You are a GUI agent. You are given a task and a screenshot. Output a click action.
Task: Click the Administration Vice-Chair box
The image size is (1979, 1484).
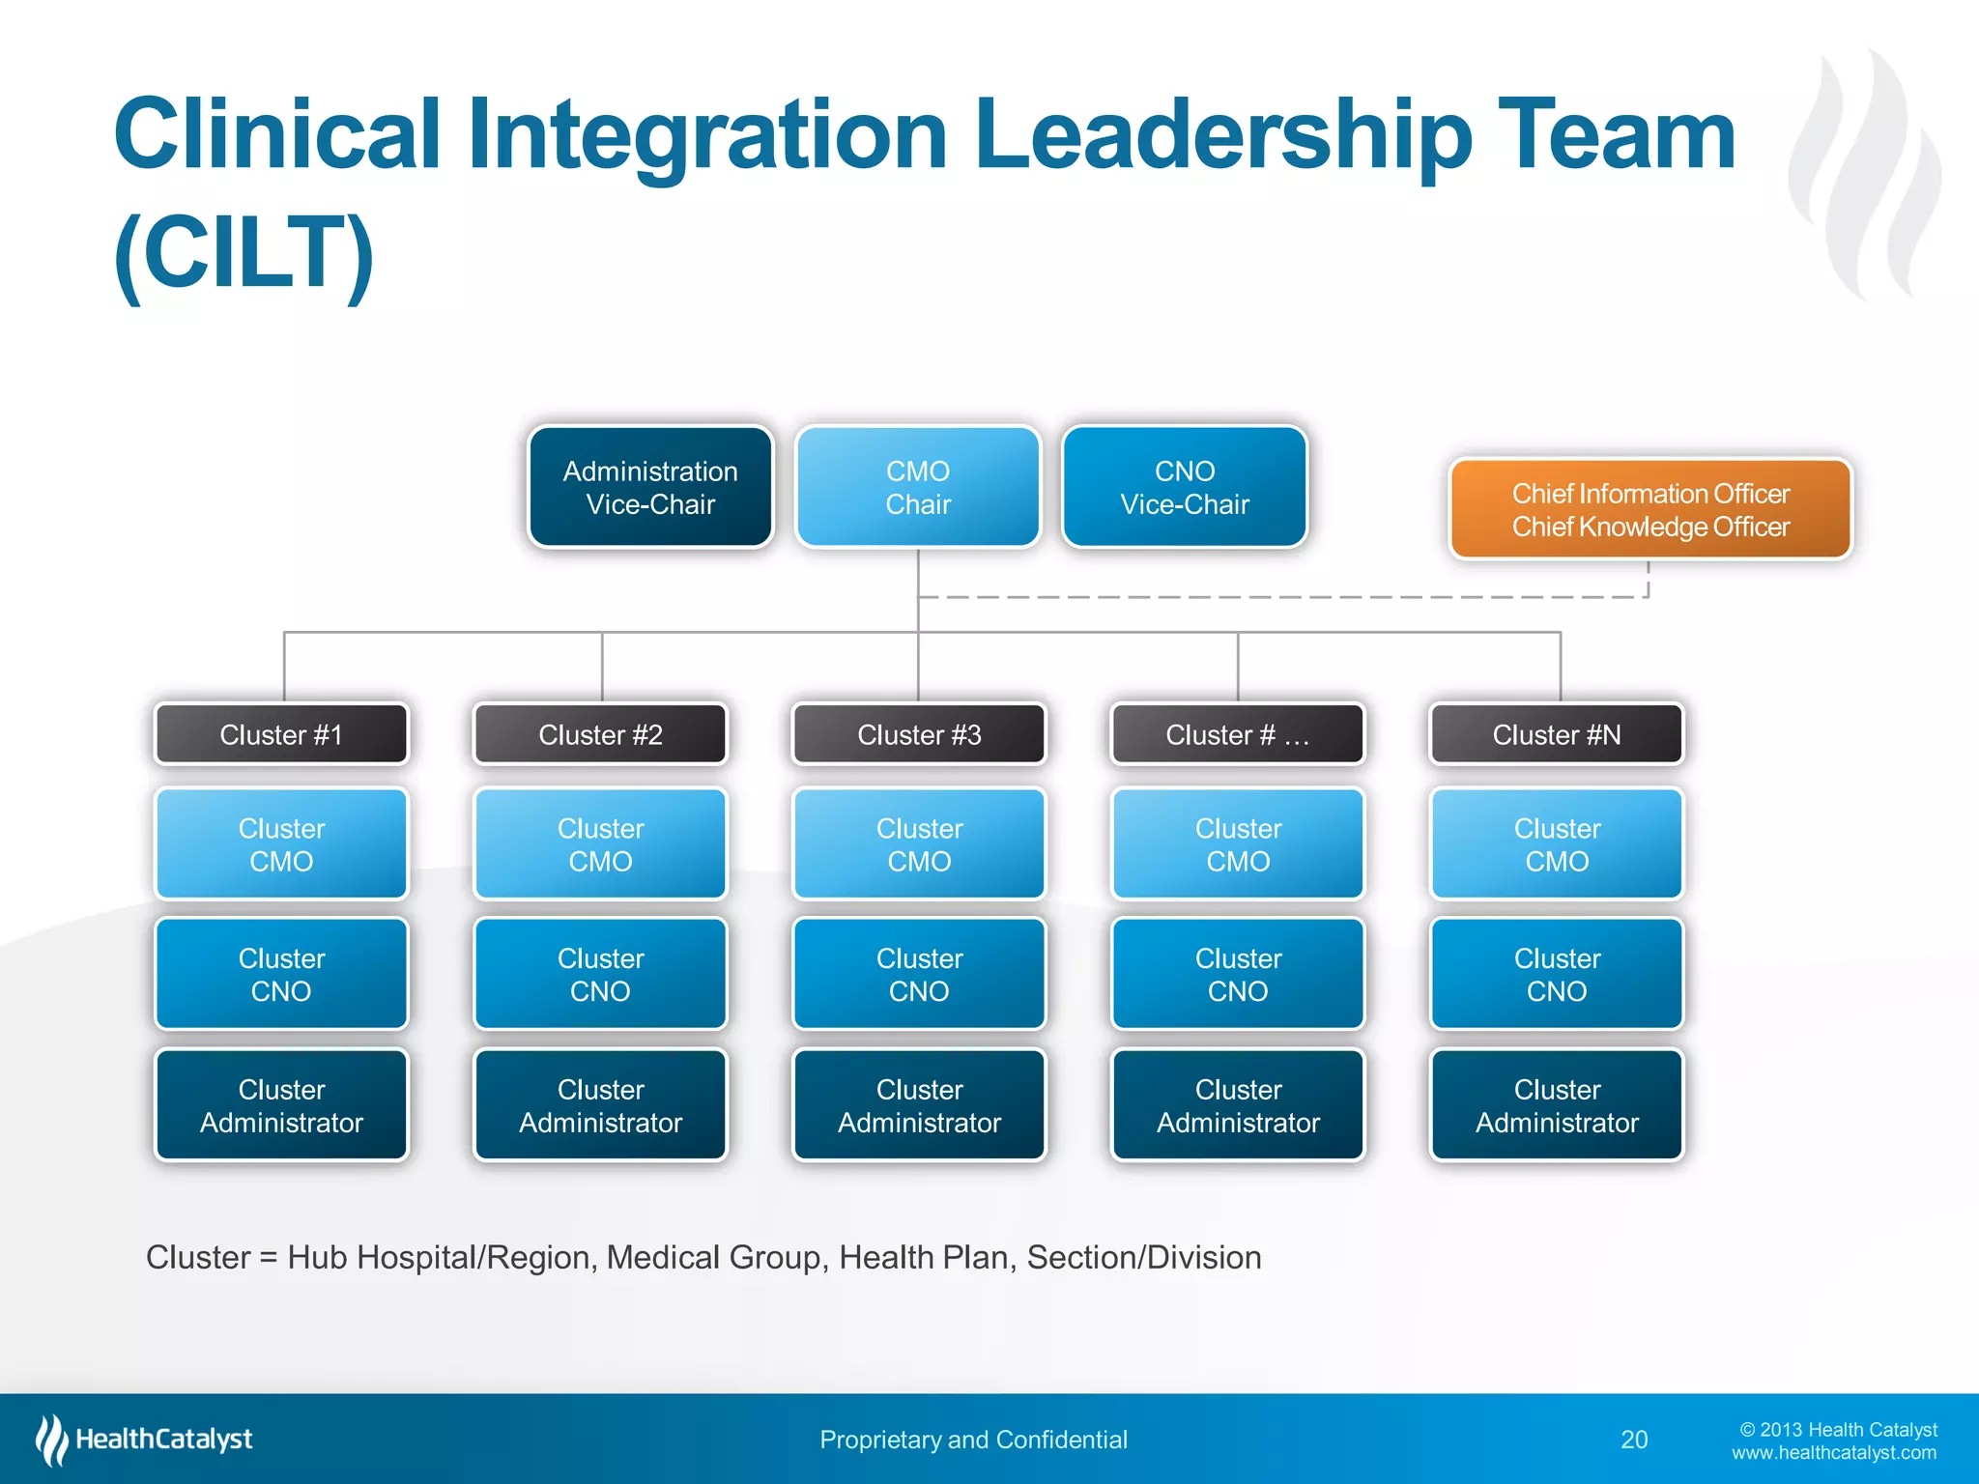coord(650,487)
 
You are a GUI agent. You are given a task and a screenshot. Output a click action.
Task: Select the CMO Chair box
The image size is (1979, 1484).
coord(918,487)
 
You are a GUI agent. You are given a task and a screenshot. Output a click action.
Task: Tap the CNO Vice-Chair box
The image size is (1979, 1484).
coord(1185,487)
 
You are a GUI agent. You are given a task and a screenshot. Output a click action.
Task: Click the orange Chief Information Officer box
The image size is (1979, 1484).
coord(1650,509)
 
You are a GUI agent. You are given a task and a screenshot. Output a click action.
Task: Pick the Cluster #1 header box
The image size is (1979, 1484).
coord(281,734)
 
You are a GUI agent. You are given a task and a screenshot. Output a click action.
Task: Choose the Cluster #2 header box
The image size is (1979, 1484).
coord(600,734)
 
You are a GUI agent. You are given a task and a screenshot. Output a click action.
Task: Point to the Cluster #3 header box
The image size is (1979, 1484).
coord(919,734)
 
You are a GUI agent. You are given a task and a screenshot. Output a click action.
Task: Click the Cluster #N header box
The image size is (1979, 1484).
coord(1557,734)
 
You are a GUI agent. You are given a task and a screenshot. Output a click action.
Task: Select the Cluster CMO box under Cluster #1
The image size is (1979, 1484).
coord(281,844)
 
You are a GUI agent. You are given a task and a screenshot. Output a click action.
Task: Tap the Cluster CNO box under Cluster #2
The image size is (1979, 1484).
coord(600,974)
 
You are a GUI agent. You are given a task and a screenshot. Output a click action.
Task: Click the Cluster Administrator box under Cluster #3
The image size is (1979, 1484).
coord(919,1105)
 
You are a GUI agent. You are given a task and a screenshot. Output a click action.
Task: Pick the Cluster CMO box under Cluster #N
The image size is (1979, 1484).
coord(1557,844)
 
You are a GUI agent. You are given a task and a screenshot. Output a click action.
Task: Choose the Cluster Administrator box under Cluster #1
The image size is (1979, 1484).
coord(281,1105)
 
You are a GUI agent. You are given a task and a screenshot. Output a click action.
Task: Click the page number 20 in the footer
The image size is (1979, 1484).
coord(1634,1440)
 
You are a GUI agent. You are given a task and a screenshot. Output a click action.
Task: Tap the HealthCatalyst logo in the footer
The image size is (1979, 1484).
coord(145,1440)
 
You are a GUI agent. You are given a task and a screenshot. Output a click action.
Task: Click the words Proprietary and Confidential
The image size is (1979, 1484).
coord(973,1440)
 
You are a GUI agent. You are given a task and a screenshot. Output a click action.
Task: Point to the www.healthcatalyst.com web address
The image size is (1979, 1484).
coord(1833,1453)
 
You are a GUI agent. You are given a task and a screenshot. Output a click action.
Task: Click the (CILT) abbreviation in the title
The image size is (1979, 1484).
coord(244,253)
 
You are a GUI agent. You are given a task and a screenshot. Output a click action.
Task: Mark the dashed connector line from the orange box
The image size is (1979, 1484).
coord(1285,597)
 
